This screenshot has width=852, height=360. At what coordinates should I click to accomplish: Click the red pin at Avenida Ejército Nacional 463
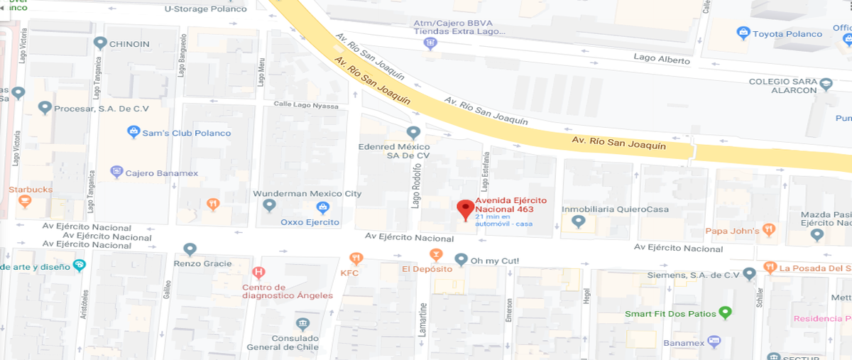pyautogui.click(x=466, y=209)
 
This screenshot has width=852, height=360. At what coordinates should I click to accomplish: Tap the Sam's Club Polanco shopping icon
pyautogui.click(x=133, y=131)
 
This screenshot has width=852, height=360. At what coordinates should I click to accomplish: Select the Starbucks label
pyautogui.click(x=31, y=190)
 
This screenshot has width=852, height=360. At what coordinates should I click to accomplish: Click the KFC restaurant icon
pyautogui.click(x=356, y=258)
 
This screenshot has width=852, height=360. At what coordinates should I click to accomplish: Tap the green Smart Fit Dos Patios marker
pyautogui.click(x=725, y=312)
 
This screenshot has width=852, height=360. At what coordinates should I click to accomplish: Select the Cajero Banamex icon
pyautogui.click(x=117, y=172)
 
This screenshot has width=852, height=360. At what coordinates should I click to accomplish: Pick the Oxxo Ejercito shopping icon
pyautogui.click(x=322, y=207)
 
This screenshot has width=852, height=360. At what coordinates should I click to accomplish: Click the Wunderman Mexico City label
pyautogui.click(x=307, y=194)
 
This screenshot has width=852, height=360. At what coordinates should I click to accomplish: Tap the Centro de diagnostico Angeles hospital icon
pyautogui.click(x=258, y=272)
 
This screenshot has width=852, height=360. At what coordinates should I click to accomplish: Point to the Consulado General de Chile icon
pyautogui.click(x=303, y=324)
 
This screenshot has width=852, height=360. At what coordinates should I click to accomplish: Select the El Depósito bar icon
pyautogui.click(x=436, y=254)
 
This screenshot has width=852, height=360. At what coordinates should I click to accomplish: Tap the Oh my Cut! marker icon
pyautogui.click(x=461, y=260)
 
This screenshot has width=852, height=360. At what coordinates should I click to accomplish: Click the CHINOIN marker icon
pyautogui.click(x=100, y=43)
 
